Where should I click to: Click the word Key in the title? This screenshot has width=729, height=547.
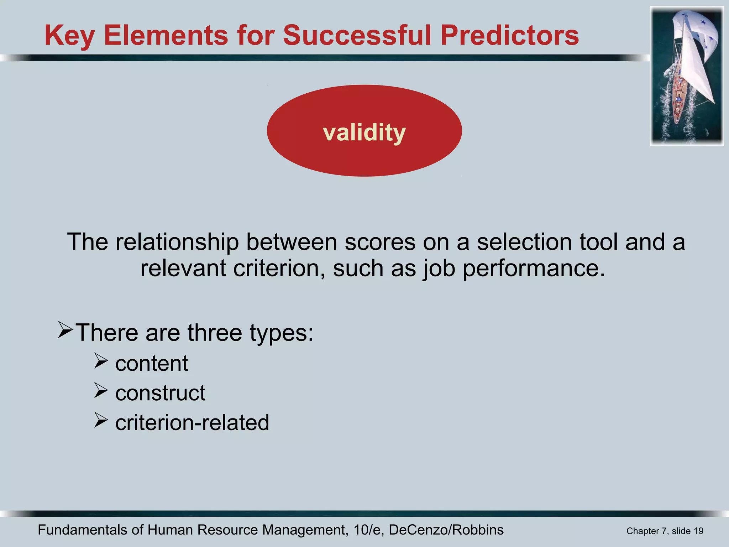pos(69,36)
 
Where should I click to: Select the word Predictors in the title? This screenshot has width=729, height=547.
pos(509,36)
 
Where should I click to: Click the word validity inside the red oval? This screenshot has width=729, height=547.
pos(364,132)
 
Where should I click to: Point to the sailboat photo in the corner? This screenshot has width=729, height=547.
pos(687,76)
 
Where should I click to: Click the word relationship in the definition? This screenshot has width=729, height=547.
pos(177,242)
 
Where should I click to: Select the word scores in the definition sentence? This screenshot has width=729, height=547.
pos(380,242)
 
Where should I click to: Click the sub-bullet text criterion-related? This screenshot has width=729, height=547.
pos(192,423)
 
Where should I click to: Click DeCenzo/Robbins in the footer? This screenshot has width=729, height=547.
pos(446,530)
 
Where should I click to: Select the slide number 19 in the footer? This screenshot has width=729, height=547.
pos(698,531)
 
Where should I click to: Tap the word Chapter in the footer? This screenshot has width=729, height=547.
pos(643,531)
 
